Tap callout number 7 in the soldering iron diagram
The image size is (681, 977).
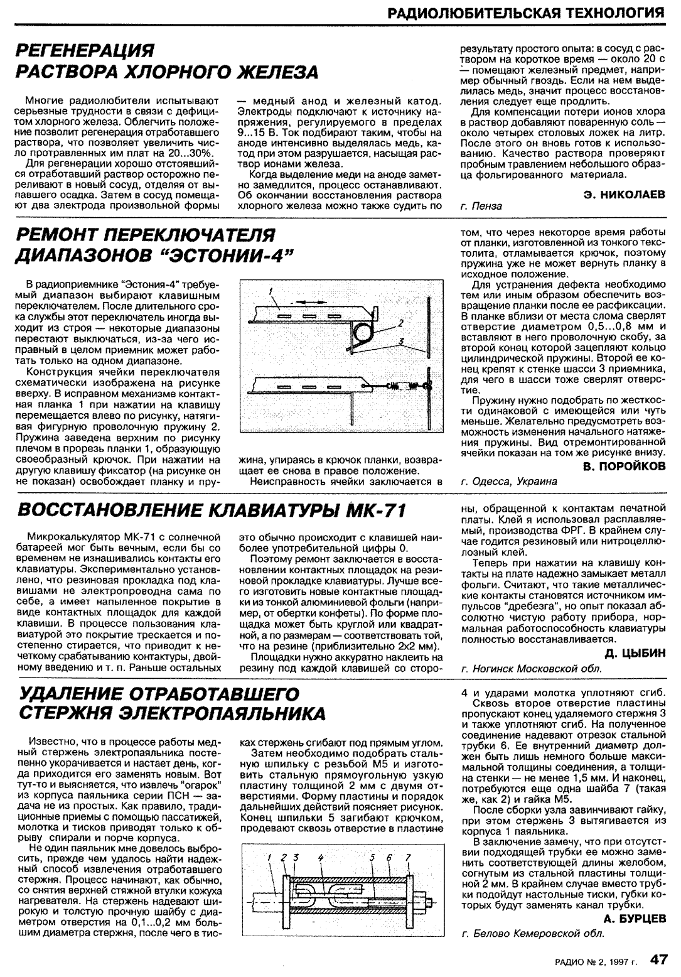pyautogui.click(x=407, y=856)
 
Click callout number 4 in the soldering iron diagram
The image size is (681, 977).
pyautogui.click(x=320, y=856)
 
